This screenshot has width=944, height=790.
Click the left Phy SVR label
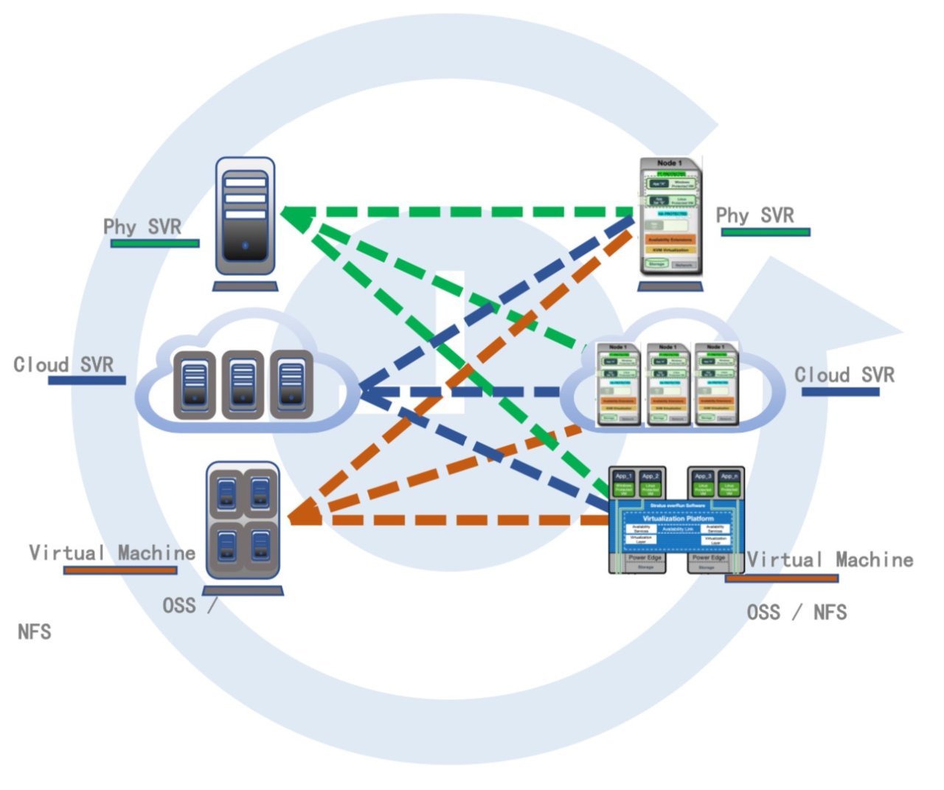tap(142, 226)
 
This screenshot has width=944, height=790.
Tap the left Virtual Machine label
tap(112, 552)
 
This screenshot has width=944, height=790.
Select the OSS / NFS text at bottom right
tap(796, 612)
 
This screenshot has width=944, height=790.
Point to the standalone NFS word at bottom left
tap(35, 631)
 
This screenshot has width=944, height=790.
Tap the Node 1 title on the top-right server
tap(670, 163)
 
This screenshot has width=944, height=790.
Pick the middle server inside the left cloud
tap(243, 384)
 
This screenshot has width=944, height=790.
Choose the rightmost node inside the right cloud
tap(715, 384)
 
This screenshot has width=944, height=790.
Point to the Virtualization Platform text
tap(678, 519)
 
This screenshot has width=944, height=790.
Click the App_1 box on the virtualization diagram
tap(624, 477)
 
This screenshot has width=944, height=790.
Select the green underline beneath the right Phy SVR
tap(766, 232)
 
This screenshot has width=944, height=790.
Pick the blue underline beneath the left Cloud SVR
tap(87, 381)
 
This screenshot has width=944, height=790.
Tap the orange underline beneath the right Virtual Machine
tap(781, 578)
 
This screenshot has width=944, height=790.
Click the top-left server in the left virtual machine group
tap(226, 491)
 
